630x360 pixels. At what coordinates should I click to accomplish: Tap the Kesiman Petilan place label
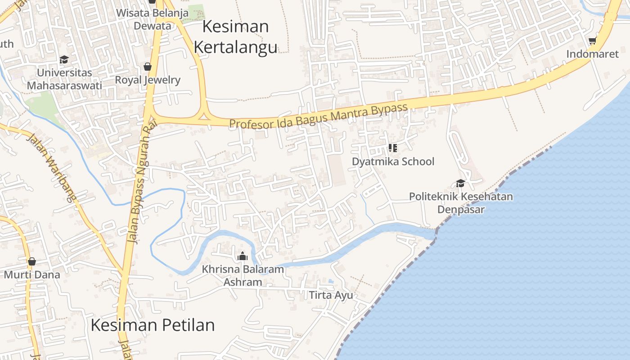pyautogui.click(x=153, y=325)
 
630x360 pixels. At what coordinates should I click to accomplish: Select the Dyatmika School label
pyautogui.click(x=393, y=162)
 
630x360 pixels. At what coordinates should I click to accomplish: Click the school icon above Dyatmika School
pyautogui.click(x=392, y=148)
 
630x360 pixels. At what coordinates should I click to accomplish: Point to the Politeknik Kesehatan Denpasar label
pyautogui.click(x=461, y=203)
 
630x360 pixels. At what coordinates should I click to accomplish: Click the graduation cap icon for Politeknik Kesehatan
pyautogui.click(x=460, y=183)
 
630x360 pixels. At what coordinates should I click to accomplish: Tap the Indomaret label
pyautogui.click(x=592, y=54)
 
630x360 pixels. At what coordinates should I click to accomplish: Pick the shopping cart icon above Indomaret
pyautogui.click(x=592, y=41)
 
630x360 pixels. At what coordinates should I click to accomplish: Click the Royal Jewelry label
pyautogui.click(x=148, y=80)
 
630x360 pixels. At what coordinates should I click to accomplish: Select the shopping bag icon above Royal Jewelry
pyautogui.click(x=147, y=67)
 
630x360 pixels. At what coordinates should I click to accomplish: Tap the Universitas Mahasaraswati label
pyautogui.click(x=64, y=79)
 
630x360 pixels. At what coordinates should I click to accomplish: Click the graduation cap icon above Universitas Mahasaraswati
pyautogui.click(x=64, y=59)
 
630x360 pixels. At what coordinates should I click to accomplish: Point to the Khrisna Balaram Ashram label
pyautogui.click(x=243, y=275)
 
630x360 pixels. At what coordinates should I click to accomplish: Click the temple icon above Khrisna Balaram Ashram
pyautogui.click(x=243, y=256)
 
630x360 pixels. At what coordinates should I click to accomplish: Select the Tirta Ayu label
pyautogui.click(x=331, y=295)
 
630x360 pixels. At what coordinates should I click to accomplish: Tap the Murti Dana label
pyautogui.click(x=32, y=274)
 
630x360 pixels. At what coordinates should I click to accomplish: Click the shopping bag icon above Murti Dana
pyautogui.click(x=31, y=261)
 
